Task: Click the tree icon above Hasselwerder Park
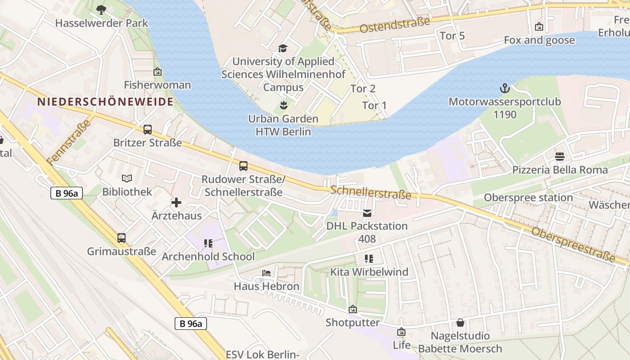[x=101, y=9]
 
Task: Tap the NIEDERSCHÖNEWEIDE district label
[x=105, y=102]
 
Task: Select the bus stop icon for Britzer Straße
[x=148, y=130]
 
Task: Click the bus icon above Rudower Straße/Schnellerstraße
[x=243, y=166]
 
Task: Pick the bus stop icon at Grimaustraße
[x=121, y=238]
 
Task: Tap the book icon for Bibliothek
[x=127, y=179]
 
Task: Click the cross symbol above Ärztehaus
[x=176, y=202]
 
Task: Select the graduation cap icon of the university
[x=283, y=48]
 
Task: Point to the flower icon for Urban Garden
[x=283, y=106]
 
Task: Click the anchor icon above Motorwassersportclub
[x=504, y=88]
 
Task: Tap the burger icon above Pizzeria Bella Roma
[x=560, y=157]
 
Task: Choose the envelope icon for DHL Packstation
[x=367, y=213]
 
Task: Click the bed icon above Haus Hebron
[x=266, y=273]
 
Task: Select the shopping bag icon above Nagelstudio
[x=460, y=323]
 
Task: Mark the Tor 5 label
[x=452, y=36]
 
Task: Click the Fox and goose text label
[x=539, y=40]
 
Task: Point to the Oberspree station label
[x=528, y=198]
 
